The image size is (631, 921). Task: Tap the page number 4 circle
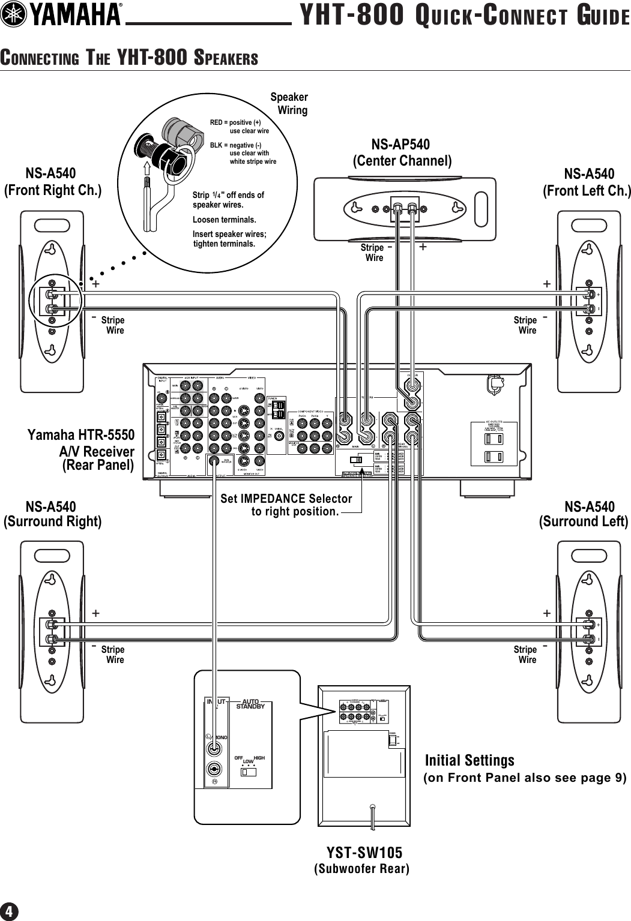(x=10, y=911)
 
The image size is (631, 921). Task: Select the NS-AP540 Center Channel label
(x=401, y=152)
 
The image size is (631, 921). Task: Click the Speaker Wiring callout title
(x=290, y=103)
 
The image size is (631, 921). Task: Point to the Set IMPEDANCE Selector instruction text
(x=286, y=505)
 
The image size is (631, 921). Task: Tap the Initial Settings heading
(x=469, y=760)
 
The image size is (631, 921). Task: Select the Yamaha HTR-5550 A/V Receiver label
(x=81, y=449)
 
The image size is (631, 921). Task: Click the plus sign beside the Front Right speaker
(x=95, y=284)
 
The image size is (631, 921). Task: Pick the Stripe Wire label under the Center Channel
(x=372, y=253)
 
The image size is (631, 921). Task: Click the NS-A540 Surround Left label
(x=584, y=514)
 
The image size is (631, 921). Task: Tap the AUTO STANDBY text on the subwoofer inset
(x=250, y=704)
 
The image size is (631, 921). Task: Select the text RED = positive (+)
(x=235, y=122)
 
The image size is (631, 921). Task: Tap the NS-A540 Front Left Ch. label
(x=587, y=182)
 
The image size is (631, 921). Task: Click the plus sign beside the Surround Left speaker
(x=546, y=613)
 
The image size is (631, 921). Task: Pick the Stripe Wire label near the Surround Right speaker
(x=112, y=655)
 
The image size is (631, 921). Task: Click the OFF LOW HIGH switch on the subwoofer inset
(x=248, y=771)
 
